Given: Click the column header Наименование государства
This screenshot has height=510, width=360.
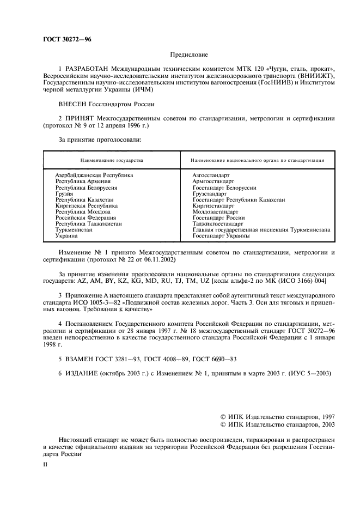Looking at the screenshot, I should [x=112, y=161].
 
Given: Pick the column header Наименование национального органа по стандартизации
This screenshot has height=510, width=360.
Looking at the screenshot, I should [x=258, y=161].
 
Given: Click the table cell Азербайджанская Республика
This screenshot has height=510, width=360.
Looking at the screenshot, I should [x=94, y=175].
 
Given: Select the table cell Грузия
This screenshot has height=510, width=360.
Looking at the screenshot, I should [x=64, y=193].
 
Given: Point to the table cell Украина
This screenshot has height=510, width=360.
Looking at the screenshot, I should [x=66, y=236].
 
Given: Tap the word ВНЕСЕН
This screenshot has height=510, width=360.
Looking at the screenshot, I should [x=73, y=102].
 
